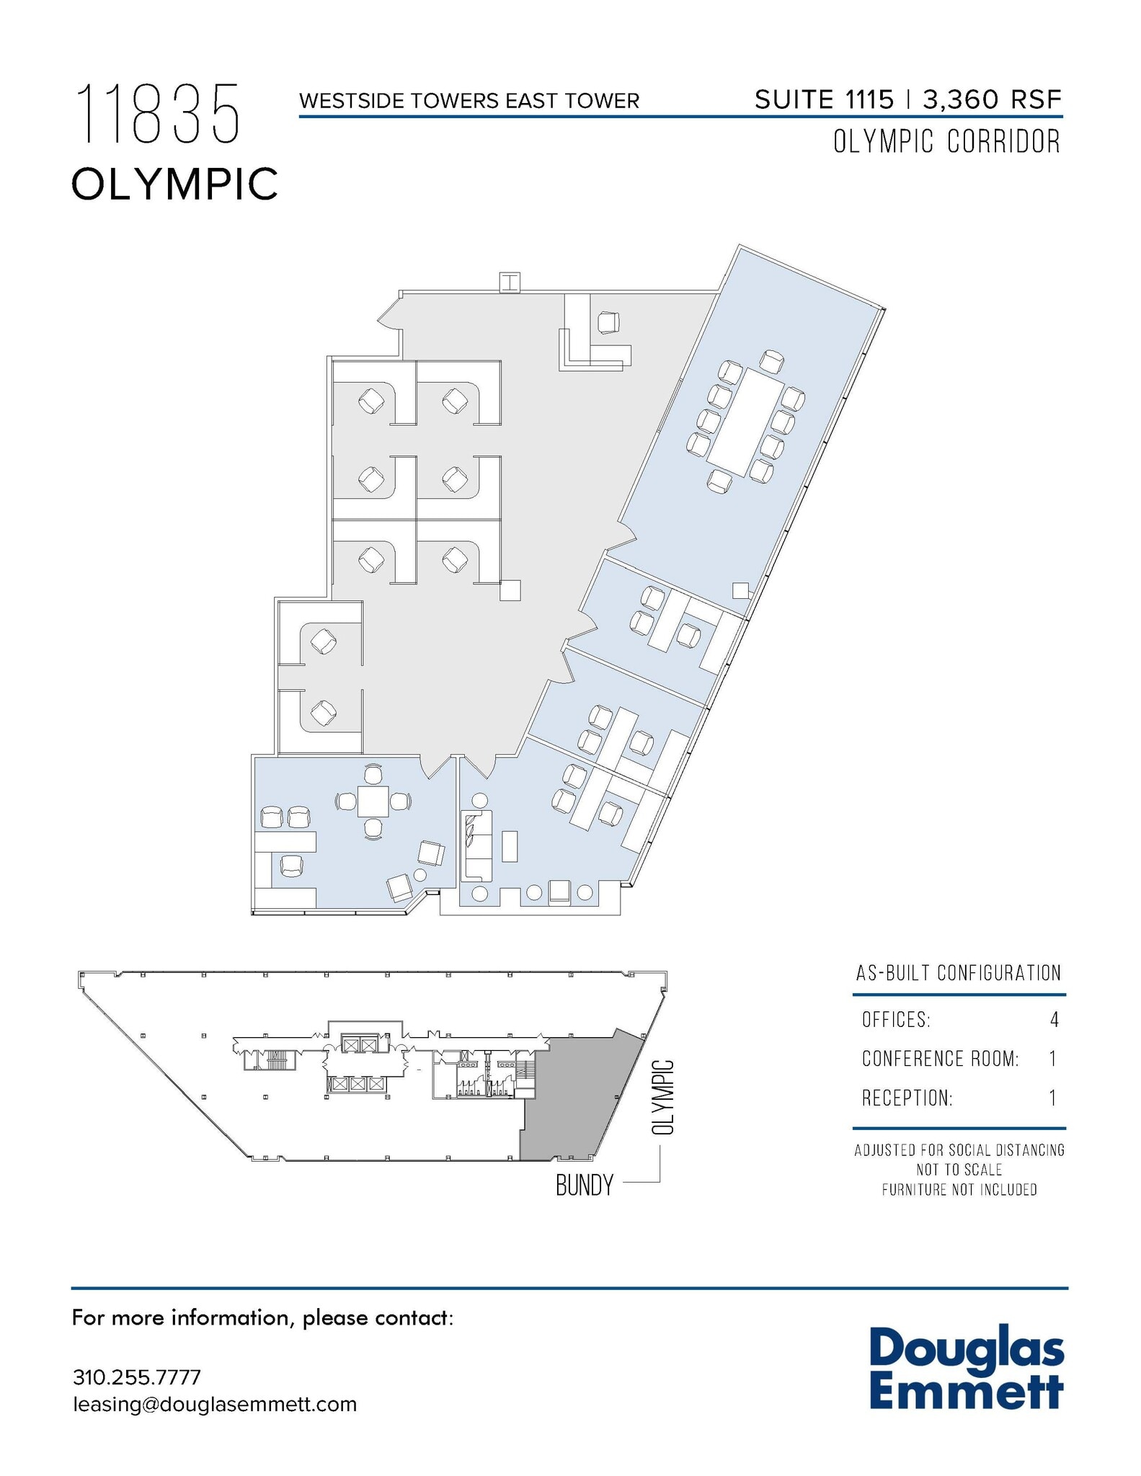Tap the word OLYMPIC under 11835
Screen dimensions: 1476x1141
click(174, 184)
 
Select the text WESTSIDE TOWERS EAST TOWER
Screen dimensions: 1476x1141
click(469, 101)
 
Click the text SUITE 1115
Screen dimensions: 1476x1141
click(823, 99)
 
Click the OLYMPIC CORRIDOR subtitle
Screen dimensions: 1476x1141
click(946, 142)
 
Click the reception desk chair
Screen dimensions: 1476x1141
click(608, 321)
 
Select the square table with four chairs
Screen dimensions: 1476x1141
click(373, 801)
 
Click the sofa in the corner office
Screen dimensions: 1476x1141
click(476, 845)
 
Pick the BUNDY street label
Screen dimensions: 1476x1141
click(584, 1186)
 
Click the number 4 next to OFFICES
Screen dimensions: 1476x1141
click(1054, 1020)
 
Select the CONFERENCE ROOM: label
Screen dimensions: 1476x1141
click(940, 1059)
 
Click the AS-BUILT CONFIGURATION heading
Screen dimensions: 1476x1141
click(958, 974)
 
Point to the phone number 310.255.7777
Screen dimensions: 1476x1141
click(136, 1377)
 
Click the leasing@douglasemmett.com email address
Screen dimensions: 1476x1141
click(215, 1404)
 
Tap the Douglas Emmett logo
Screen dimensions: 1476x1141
click(966, 1371)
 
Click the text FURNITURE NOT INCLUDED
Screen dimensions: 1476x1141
click(959, 1189)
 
